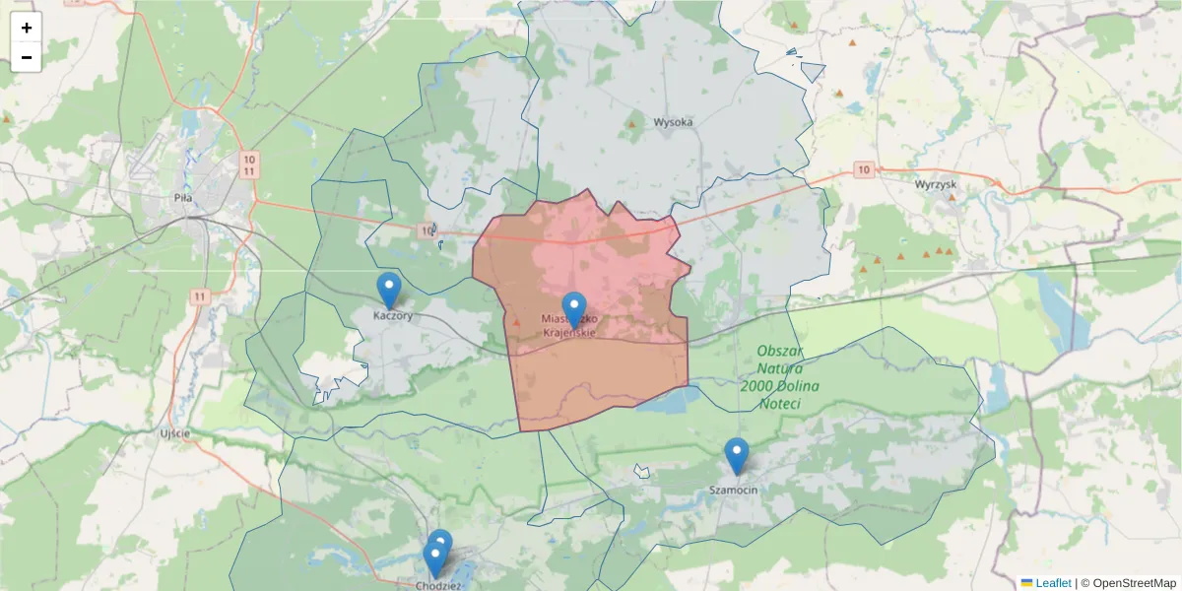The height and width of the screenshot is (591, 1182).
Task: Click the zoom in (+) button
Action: click(x=27, y=28)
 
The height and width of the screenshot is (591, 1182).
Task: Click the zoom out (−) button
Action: click(x=27, y=57)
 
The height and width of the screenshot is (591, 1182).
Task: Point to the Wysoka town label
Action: click(x=674, y=122)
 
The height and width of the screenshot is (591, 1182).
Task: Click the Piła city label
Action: click(x=182, y=197)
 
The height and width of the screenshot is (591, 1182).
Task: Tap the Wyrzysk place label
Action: click(x=936, y=184)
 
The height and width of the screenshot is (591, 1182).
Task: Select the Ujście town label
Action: click(x=174, y=433)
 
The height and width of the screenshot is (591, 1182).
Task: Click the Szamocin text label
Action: click(x=734, y=490)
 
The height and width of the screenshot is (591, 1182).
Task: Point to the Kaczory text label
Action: click(x=392, y=316)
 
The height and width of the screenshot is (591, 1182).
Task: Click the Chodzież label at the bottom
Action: click(x=439, y=584)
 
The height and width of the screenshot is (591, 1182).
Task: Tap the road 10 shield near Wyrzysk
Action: click(x=864, y=169)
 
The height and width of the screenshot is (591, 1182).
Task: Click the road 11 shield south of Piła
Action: click(x=200, y=295)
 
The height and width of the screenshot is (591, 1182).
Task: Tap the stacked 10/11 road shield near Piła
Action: click(x=249, y=164)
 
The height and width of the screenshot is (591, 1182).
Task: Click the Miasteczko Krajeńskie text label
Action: click(x=569, y=326)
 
